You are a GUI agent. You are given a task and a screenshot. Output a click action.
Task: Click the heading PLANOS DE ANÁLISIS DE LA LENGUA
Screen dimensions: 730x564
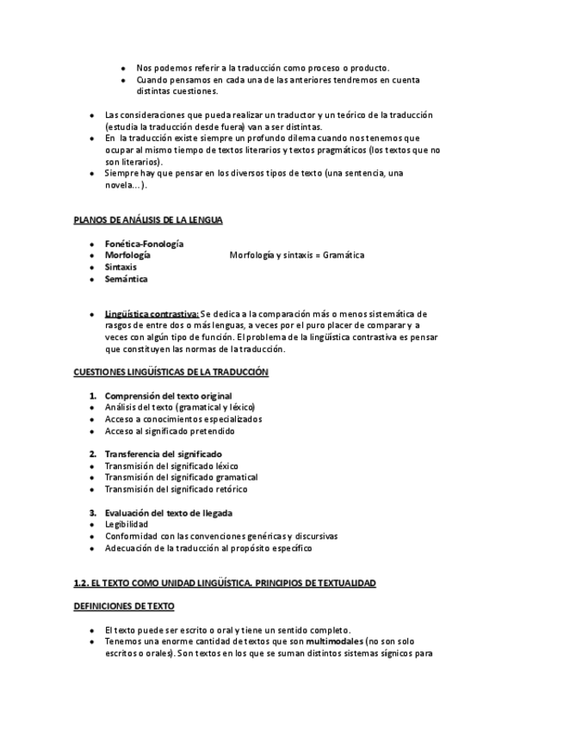tap(148, 220)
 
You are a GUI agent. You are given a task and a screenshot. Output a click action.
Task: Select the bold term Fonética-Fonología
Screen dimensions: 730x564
tap(144, 244)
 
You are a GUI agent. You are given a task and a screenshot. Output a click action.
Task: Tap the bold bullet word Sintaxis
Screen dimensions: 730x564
tap(121, 267)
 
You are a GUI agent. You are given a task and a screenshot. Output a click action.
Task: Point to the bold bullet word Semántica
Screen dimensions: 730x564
tap(126, 279)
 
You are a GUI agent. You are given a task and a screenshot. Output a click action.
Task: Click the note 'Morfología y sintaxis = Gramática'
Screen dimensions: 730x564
tap(297, 255)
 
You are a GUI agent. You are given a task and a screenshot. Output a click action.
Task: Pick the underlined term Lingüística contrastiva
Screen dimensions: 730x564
tap(152, 314)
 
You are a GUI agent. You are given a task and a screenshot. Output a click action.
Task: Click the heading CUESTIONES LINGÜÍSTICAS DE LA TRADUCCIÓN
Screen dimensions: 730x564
tap(171, 372)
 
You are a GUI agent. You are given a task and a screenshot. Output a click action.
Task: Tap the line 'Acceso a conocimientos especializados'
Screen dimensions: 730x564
tap(183, 419)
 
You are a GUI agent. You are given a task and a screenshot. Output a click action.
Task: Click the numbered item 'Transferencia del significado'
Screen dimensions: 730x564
tap(163, 454)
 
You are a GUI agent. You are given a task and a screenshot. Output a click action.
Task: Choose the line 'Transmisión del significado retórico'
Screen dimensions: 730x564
tap(176, 489)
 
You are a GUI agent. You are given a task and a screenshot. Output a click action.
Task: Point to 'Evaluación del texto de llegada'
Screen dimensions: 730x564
tap(169, 513)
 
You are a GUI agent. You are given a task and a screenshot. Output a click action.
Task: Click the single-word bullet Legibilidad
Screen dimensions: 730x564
tap(126, 524)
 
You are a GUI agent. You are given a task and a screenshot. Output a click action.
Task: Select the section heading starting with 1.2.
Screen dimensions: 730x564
tap(225, 583)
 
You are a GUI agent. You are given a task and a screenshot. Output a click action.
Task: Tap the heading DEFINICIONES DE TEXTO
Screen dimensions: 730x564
tap(124, 606)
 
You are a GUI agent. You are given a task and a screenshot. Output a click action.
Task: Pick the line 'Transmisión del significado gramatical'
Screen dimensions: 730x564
tap(181, 477)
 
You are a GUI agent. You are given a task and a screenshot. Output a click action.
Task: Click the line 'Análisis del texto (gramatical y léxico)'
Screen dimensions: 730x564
tap(180, 407)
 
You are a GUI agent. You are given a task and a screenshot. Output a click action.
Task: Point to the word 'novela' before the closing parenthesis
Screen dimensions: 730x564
tap(119, 185)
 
